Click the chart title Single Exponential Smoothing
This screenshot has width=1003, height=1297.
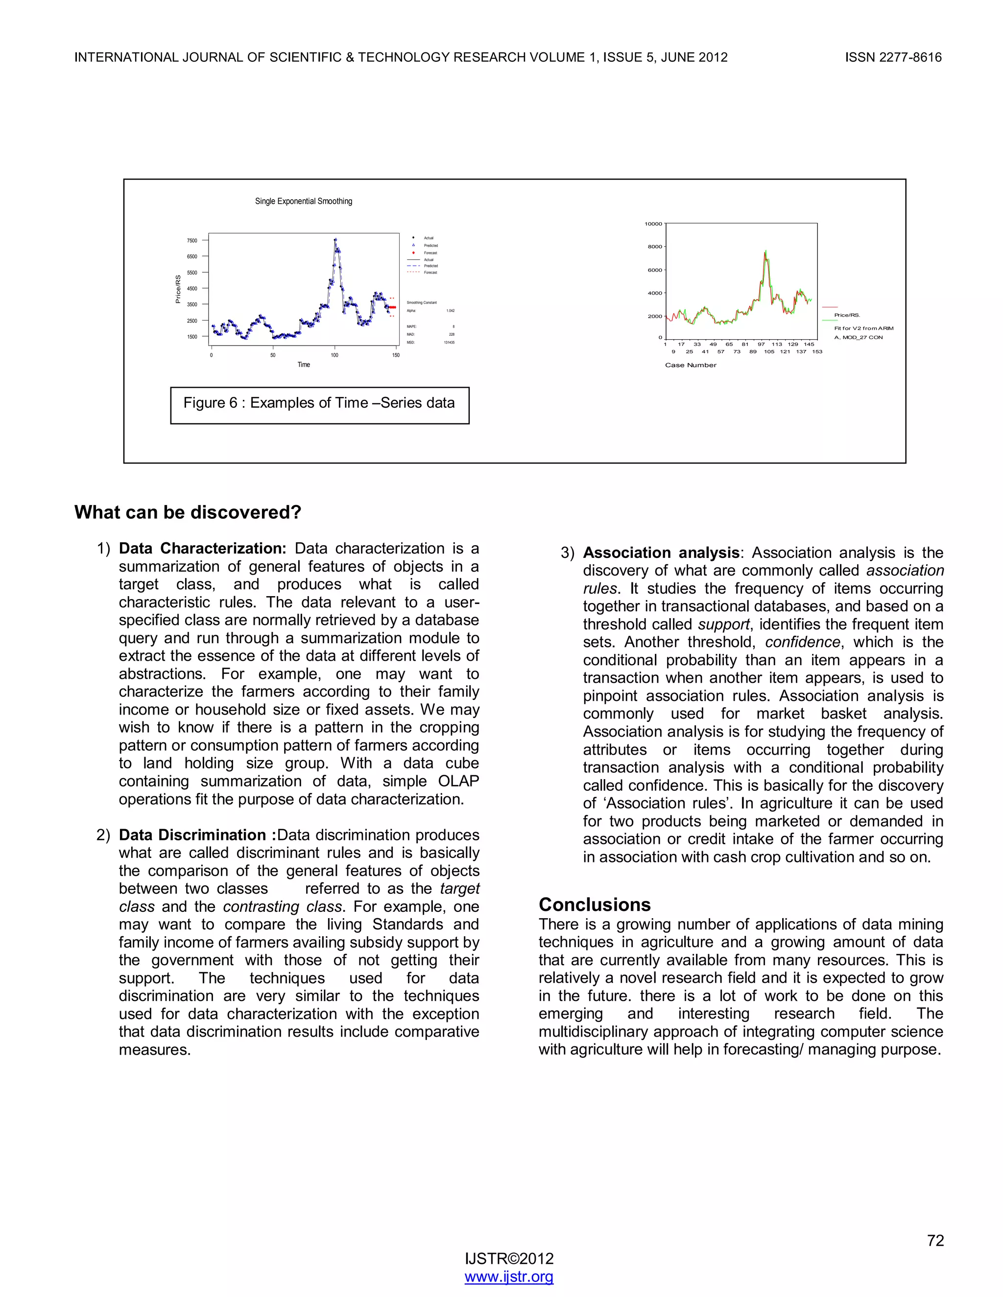point(303,201)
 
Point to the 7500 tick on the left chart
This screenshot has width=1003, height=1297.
point(192,240)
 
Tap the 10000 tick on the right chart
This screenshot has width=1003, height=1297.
point(653,224)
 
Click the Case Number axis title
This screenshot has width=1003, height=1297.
point(691,365)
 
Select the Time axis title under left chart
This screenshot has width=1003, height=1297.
point(304,365)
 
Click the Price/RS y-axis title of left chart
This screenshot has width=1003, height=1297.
point(178,289)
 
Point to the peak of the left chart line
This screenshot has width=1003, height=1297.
point(335,239)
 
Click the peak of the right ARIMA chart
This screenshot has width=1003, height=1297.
point(765,251)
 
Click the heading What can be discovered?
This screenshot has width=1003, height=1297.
point(188,512)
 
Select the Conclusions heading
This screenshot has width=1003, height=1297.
point(594,904)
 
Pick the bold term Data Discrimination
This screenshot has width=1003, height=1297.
point(192,835)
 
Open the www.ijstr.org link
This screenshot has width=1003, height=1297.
point(509,1276)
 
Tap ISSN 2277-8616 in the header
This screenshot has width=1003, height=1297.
point(893,58)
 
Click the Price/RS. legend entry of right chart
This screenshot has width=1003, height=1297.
point(847,315)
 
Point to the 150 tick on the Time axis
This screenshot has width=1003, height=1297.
point(396,355)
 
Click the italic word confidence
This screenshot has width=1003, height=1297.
point(802,642)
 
